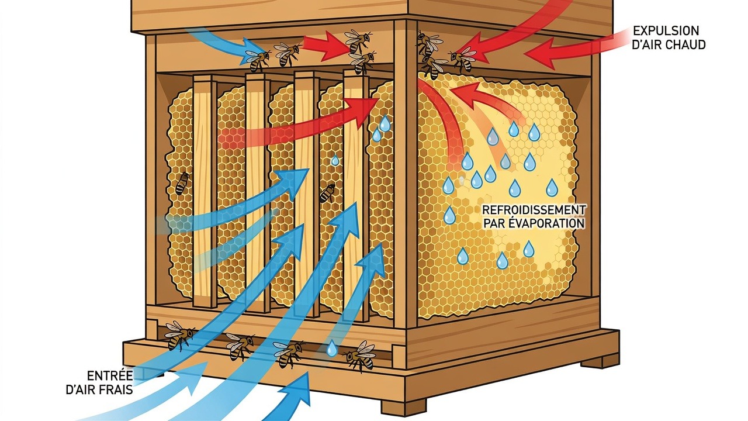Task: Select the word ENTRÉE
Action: point(110,376)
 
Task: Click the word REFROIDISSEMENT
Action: point(534,210)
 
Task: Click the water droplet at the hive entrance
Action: point(331,348)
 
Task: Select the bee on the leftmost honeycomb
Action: point(182,183)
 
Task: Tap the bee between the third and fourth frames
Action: point(327,193)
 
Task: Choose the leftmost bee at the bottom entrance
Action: point(179,334)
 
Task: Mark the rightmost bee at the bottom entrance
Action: point(361,356)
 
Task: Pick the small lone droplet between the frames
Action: point(335,161)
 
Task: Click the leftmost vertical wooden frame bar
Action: point(205,191)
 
